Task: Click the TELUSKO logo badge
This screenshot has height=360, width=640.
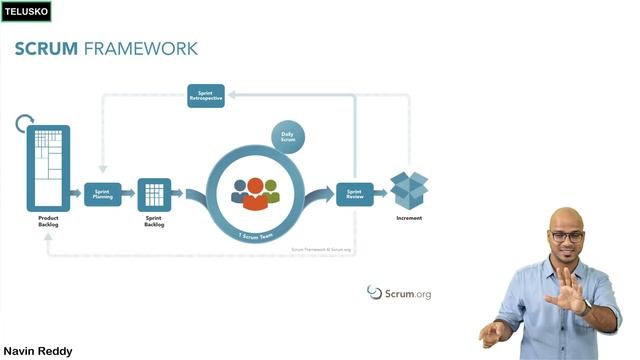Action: pos(25,12)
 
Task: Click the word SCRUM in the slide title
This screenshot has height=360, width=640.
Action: pos(45,48)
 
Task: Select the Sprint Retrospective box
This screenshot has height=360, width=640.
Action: pos(205,95)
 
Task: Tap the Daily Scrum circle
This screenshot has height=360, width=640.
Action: pos(287,137)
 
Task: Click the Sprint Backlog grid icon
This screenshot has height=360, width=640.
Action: pos(155,193)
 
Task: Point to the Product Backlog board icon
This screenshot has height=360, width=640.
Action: pos(47,167)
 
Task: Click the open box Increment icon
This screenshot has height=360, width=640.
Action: pos(408,190)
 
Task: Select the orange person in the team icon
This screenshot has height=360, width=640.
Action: pos(255,193)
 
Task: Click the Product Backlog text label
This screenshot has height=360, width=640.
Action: pos(48,221)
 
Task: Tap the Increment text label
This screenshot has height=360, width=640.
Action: pos(408,217)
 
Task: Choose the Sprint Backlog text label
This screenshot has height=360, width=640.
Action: pos(155,223)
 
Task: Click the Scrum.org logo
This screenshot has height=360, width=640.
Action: pos(399,293)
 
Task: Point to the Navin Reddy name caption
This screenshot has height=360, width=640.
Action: pos(38,351)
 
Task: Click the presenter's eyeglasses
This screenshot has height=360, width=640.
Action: pos(567,237)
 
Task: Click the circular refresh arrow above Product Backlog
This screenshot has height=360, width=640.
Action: pos(25,124)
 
